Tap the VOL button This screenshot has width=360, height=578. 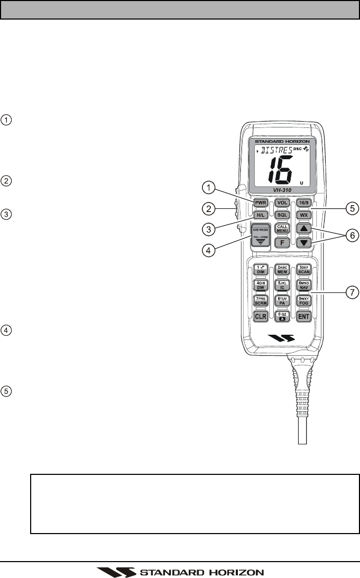pyautogui.click(x=282, y=202)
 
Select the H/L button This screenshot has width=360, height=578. pyautogui.click(x=260, y=215)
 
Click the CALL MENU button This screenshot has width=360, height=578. pyautogui.click(x=282, y=229)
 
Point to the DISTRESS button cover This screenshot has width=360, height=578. pyautogui.click(x=260, y=236)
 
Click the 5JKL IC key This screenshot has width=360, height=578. pyautogui.click(x=282, y=285)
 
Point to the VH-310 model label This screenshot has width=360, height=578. pyautogui.click(x=281, y=189)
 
